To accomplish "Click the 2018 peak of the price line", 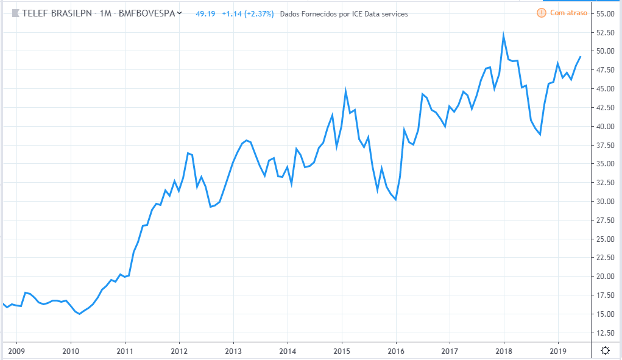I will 504,35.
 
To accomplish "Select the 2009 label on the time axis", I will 16,351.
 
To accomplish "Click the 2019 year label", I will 559,351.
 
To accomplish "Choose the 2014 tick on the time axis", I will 288,351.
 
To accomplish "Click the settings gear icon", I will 605,350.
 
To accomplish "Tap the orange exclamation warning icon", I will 542,13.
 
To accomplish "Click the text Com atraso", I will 568,13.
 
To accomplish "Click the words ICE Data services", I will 382,13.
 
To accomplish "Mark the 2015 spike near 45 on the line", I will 345,90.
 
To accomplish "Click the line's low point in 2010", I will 80,314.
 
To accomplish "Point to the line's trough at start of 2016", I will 396,199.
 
